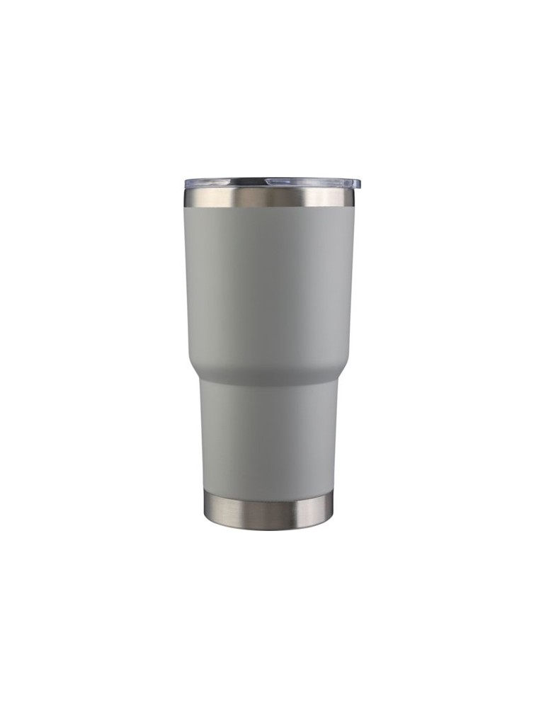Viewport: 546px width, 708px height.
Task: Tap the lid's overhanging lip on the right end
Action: click(356, 184)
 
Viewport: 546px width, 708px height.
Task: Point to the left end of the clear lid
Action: click(186, 183)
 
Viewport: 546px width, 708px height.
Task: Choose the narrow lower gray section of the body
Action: click(269, 439)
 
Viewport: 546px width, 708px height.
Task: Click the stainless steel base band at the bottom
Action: click(269, 511)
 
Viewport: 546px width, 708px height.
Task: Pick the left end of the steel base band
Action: click(205, 510)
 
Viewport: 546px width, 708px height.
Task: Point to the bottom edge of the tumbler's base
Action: click(269, 528)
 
